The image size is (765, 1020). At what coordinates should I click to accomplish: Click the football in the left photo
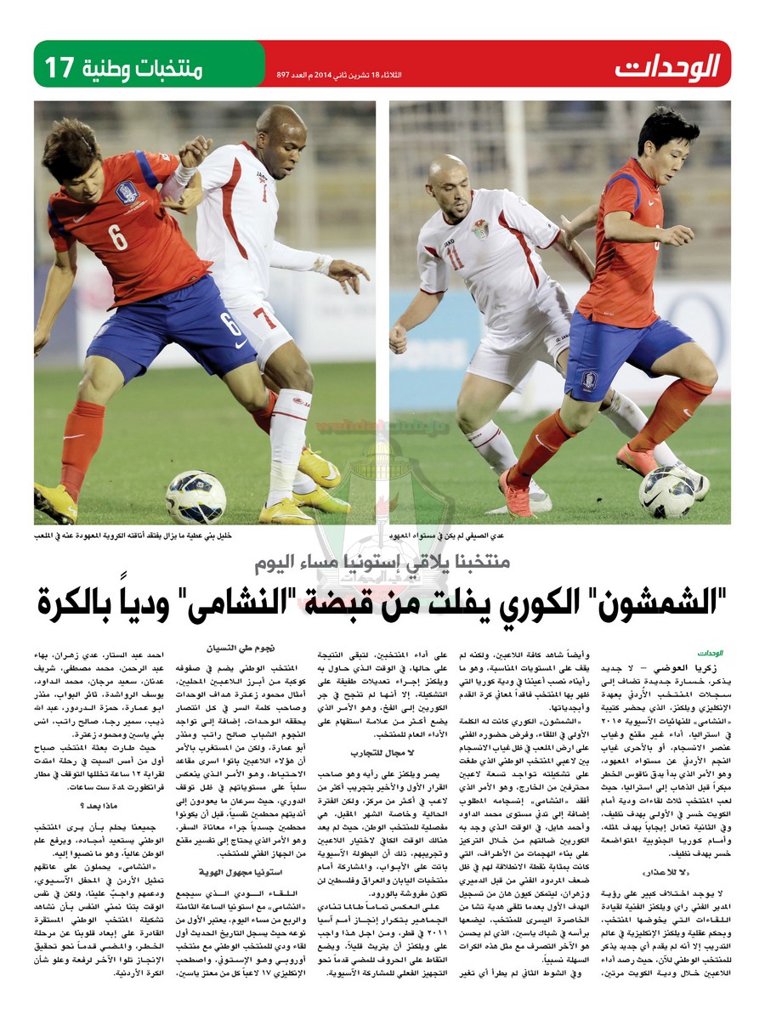pos(195,496)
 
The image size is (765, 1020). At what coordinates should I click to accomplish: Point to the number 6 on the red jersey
pos(118,236)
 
